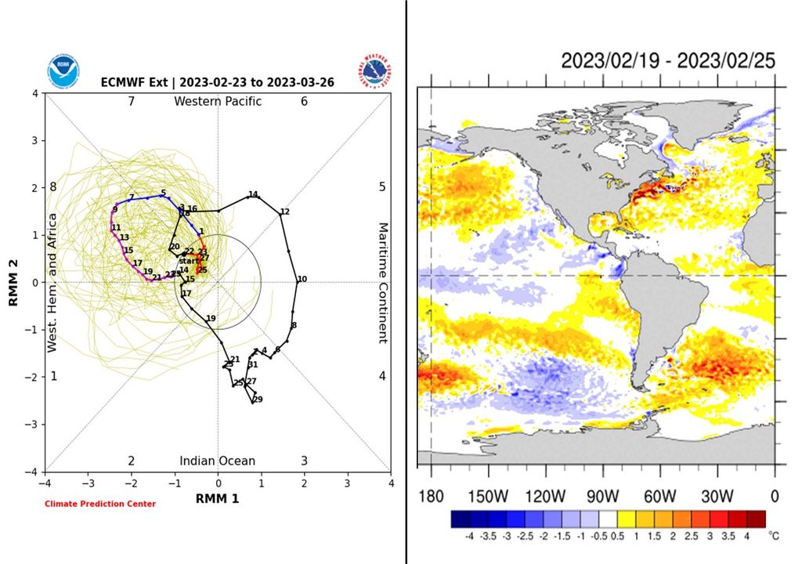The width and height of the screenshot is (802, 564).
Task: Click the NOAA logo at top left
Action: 62,70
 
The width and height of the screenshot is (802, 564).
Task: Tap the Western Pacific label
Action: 218,101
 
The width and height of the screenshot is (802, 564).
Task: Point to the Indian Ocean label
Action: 218,461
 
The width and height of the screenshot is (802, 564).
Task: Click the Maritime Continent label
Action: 383,283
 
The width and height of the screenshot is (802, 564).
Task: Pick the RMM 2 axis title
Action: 14,283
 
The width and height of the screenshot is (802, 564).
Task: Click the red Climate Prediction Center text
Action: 100,504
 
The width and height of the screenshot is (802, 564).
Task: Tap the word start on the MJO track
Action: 189,261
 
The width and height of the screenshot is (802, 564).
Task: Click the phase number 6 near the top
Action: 304,101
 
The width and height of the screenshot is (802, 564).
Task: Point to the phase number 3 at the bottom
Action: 304,461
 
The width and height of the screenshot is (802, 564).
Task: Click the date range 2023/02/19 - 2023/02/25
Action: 668,60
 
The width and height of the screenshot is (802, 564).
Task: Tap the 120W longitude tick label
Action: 545,497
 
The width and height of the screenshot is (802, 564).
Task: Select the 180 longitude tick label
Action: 431,497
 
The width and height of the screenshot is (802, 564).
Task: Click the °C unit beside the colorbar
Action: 775,537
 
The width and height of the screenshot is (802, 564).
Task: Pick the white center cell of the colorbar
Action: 609,518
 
